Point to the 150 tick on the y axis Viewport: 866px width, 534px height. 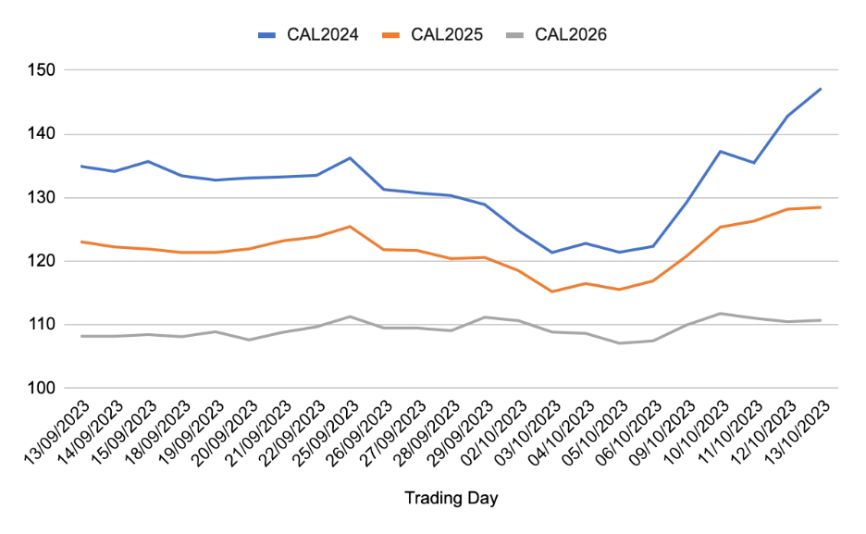tap(43, 70)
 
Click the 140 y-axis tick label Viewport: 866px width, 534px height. tap(43, 134)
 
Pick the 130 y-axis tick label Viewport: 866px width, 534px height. tap(43, 198)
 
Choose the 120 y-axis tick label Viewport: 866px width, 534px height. tap(43, 261)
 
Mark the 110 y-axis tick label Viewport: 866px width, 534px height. tap(43, 325)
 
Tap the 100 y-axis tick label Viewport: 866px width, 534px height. tap(43, 389)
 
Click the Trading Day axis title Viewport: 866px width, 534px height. tap(451, 499)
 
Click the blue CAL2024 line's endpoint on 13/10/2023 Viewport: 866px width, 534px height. tap(821, 89)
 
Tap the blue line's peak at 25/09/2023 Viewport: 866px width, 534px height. tap(350, 157)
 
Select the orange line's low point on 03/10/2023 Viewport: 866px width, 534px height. tap(551, 292)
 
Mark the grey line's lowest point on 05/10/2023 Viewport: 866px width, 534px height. tap(619, 343)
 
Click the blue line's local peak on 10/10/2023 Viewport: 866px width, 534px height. tap(720, 151)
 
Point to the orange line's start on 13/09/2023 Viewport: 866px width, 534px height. tap(81, 242)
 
